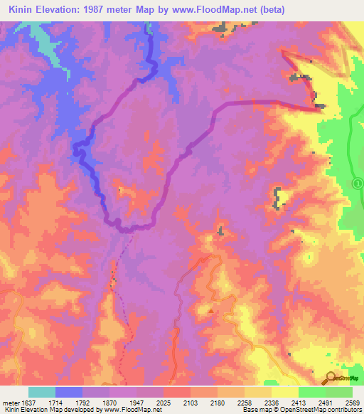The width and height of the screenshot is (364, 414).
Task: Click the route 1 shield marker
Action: [358, 184]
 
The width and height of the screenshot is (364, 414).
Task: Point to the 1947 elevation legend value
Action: [136, 401]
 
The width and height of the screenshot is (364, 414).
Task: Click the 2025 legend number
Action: [164, 401]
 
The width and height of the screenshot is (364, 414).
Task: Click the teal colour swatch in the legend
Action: [42, 392]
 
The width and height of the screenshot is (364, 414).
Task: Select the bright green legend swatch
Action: [312, 392]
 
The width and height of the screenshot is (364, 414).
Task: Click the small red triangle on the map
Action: [211, 310]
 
